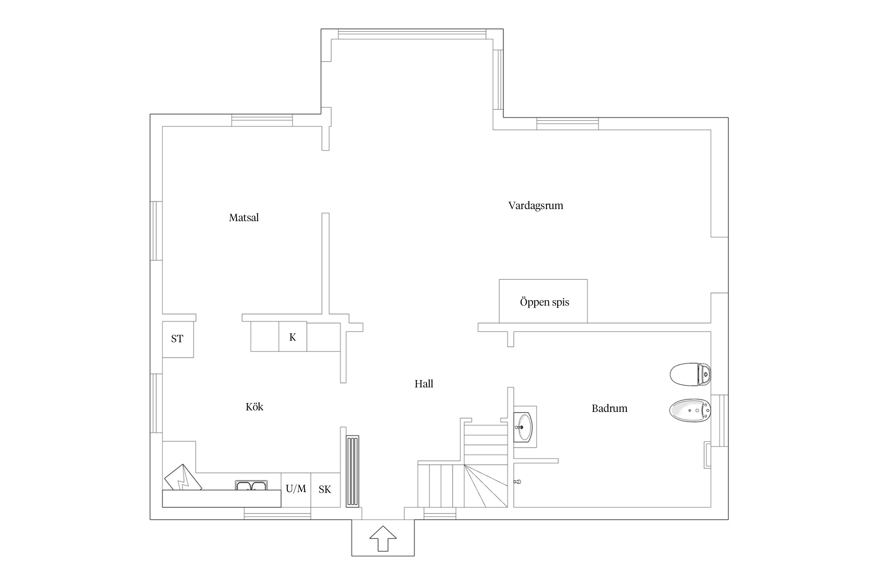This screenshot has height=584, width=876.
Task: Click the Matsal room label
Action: tap(244, 217)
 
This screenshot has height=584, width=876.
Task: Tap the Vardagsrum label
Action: tap(536, 206)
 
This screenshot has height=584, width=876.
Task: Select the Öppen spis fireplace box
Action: tap(543, 301)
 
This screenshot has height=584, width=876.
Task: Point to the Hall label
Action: tap(424, 384)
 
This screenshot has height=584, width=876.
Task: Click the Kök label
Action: tap(254, 407)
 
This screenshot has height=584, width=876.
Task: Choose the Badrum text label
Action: tap(609, 408)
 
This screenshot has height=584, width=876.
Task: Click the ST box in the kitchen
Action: tap(178, 339)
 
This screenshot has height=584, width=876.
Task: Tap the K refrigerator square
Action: tap(293, 337)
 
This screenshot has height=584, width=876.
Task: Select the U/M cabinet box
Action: tap(296, 490)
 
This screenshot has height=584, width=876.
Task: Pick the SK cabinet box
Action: tap(325, 490)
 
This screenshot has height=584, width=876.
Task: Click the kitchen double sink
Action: tap(252, 485)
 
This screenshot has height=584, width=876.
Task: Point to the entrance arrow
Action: tap(383, 538)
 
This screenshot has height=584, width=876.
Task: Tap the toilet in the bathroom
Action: tap(690, 375)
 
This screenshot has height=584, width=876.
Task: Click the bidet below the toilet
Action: tap(690, 410)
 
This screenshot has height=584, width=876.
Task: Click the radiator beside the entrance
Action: tap(352, 471)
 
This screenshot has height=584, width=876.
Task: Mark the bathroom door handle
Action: tap(517, 482)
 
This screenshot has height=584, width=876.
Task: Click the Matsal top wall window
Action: tap(262, 120)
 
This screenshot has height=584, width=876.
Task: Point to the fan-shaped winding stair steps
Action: tap(486, 486)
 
